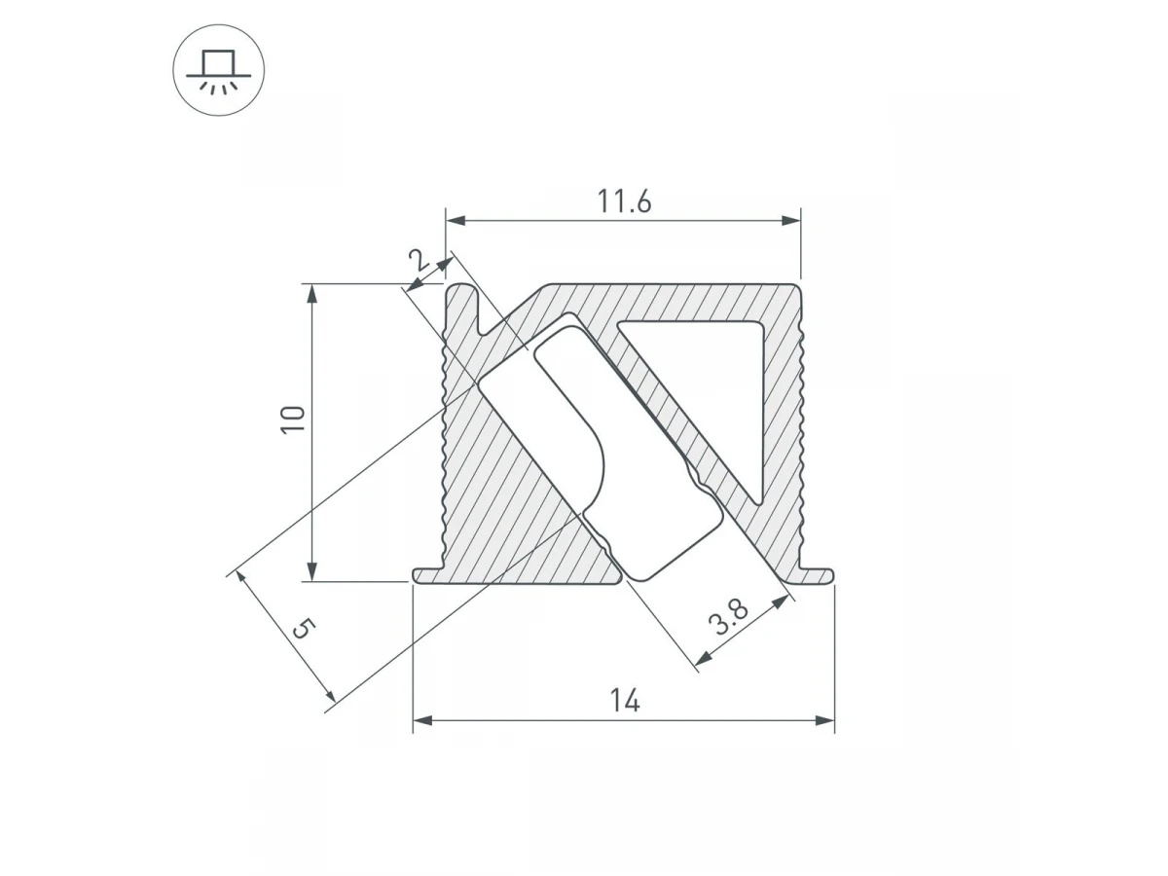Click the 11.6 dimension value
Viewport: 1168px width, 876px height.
[x=624, y=201]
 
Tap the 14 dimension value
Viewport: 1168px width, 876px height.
[x=625, y=700]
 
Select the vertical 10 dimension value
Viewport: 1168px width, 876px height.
[x=293, y=420]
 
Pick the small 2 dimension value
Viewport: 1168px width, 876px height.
[x=419, y=260]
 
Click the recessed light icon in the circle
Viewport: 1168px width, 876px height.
[x=218, y=71]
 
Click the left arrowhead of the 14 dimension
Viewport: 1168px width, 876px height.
[x=422, y=720]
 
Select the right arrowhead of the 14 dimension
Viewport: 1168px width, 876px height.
[x=824, y=720]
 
